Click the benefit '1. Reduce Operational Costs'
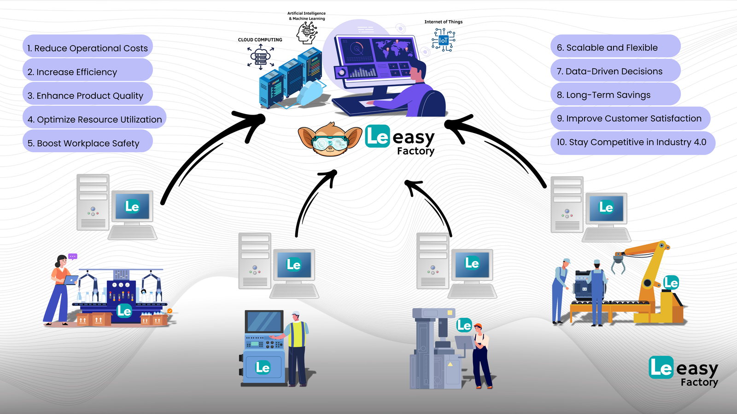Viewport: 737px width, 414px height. (x=88, y=48)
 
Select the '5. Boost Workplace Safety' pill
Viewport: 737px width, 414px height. (x=88, y=143)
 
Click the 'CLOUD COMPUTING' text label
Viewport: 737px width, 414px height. (x=260, y=40)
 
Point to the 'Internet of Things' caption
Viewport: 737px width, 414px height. (x=443, y=22)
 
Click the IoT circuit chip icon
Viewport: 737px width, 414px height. (x=443, y=40)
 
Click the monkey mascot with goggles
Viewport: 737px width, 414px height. (x=330, y=139)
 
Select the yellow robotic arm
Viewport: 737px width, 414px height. (x=654, y=281)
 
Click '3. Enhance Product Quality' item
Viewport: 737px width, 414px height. (x=88, y=96)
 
